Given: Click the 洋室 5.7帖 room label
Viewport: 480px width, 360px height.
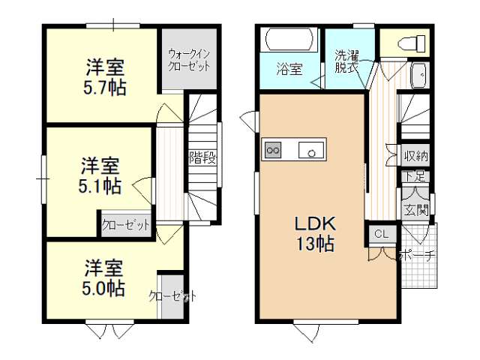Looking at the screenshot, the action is [105, 77].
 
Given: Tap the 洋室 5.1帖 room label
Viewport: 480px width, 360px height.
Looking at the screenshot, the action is [100, 175].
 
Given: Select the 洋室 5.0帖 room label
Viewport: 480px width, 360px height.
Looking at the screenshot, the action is [103, 277].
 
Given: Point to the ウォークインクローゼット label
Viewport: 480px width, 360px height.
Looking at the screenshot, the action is [189, 60].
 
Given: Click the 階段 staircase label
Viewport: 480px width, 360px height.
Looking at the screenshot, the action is [202, 157].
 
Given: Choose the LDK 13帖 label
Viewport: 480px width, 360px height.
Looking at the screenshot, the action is [315, 233].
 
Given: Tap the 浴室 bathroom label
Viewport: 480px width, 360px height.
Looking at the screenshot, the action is [289, 69].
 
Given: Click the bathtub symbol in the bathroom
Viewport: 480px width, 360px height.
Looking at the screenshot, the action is [289, 39].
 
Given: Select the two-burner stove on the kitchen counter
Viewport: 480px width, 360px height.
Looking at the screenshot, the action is [273, 150].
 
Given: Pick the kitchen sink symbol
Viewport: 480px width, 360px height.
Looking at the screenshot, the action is [311, 150].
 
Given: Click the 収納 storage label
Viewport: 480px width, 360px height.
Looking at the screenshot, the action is [416, 156].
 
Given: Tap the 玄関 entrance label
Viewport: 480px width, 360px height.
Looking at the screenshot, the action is [415, 210].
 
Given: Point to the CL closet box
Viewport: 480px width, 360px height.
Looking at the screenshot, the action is [382, 234].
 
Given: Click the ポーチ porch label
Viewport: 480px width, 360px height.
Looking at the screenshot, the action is [417, 255].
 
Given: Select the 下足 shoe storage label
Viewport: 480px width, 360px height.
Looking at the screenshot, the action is [415, 177].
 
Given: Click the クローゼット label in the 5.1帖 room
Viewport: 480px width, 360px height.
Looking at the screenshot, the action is [126, 225].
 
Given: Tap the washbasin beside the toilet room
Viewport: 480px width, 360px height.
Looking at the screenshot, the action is [419, 76].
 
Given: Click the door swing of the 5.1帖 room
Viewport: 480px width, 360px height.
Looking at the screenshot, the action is [142, 190].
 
